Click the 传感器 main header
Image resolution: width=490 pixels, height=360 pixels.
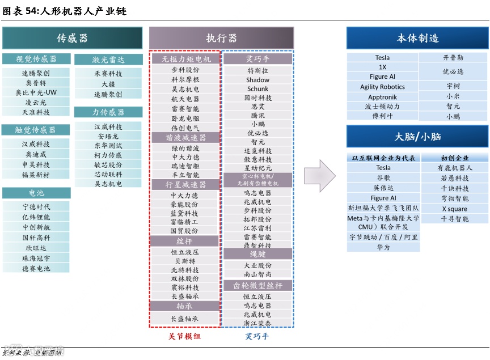click(x=72, y=38)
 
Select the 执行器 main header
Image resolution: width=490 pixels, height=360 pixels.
click(x=221, y=38)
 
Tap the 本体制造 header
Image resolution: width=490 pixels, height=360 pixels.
click(x=417, y=38)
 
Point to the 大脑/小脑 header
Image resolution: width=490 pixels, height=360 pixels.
click(x=417, y=137)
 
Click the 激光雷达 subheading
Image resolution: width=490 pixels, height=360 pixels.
click(x=108, y=60)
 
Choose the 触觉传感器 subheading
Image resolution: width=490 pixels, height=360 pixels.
click(x=36, y=130)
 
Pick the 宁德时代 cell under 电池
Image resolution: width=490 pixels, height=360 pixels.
click(x=36, y=207)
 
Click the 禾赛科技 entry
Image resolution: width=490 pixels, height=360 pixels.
click(x=108, y=74)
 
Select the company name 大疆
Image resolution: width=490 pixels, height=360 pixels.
click(x=108, y=84)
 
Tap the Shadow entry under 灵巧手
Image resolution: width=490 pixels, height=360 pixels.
click(x=258, y=80)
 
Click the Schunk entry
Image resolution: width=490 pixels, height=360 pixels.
click(x=258, y=89)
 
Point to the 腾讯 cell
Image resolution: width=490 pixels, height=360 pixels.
click(x=258, y=115)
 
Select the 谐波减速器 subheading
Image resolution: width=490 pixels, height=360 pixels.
click(x=185, y=138)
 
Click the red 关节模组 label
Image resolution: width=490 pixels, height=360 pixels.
click(x=185, y=336)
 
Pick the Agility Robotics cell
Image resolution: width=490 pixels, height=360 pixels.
click(x=383, y=87)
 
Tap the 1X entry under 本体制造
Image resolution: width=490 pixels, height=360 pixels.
click(x=383, y=67)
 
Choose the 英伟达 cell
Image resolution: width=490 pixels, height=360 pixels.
click(x=383, y=188)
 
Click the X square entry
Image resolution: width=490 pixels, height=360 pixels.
click(x=455, y=209)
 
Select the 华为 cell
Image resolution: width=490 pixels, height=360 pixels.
click(x=383, y=247)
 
